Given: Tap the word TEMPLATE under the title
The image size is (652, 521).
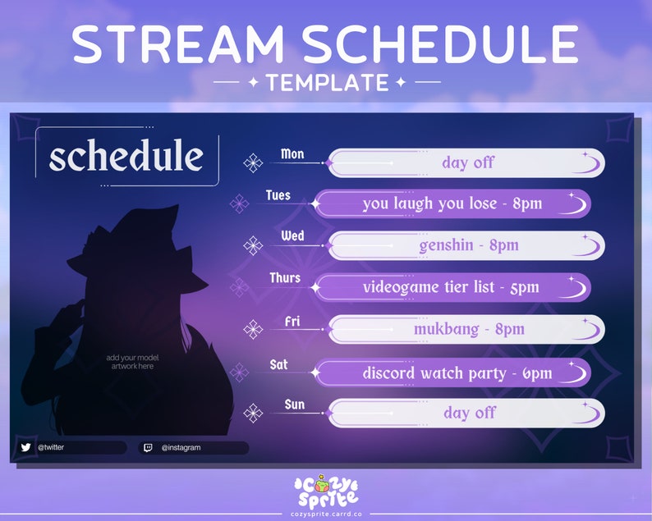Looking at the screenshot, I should coord(327,82).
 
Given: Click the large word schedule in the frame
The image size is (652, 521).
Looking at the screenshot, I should coord(126,156).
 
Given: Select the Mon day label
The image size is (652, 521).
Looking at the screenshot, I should coord(292,153).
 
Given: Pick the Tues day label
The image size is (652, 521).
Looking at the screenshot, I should coord(278,195).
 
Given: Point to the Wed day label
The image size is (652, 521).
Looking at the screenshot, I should coord(292,236).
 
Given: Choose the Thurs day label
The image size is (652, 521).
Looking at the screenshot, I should coord(285,278).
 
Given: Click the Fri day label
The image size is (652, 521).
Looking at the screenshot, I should coord(292,321).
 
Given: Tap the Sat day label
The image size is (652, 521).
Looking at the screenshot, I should coord(279,363).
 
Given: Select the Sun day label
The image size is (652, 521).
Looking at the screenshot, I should coord(293,404).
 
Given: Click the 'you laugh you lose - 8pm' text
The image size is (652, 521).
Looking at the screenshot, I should coord(452,203).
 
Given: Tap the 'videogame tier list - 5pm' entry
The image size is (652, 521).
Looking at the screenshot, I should coord(451,287).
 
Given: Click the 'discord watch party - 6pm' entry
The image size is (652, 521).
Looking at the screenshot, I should coord(457,372).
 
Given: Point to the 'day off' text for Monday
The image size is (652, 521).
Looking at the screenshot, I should coord(468,162).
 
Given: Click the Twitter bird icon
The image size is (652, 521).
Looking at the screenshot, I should coord(25,447).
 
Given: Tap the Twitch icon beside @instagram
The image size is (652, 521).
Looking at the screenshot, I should coord(148,448).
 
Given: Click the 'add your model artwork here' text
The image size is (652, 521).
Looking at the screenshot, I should coord(132,362).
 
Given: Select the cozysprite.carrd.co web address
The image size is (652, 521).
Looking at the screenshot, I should coord(326,511).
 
